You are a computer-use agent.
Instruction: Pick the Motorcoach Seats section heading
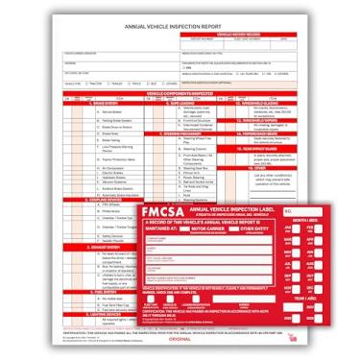(x=252, y=132)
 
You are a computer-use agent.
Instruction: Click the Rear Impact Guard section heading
(x=252, y=150)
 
